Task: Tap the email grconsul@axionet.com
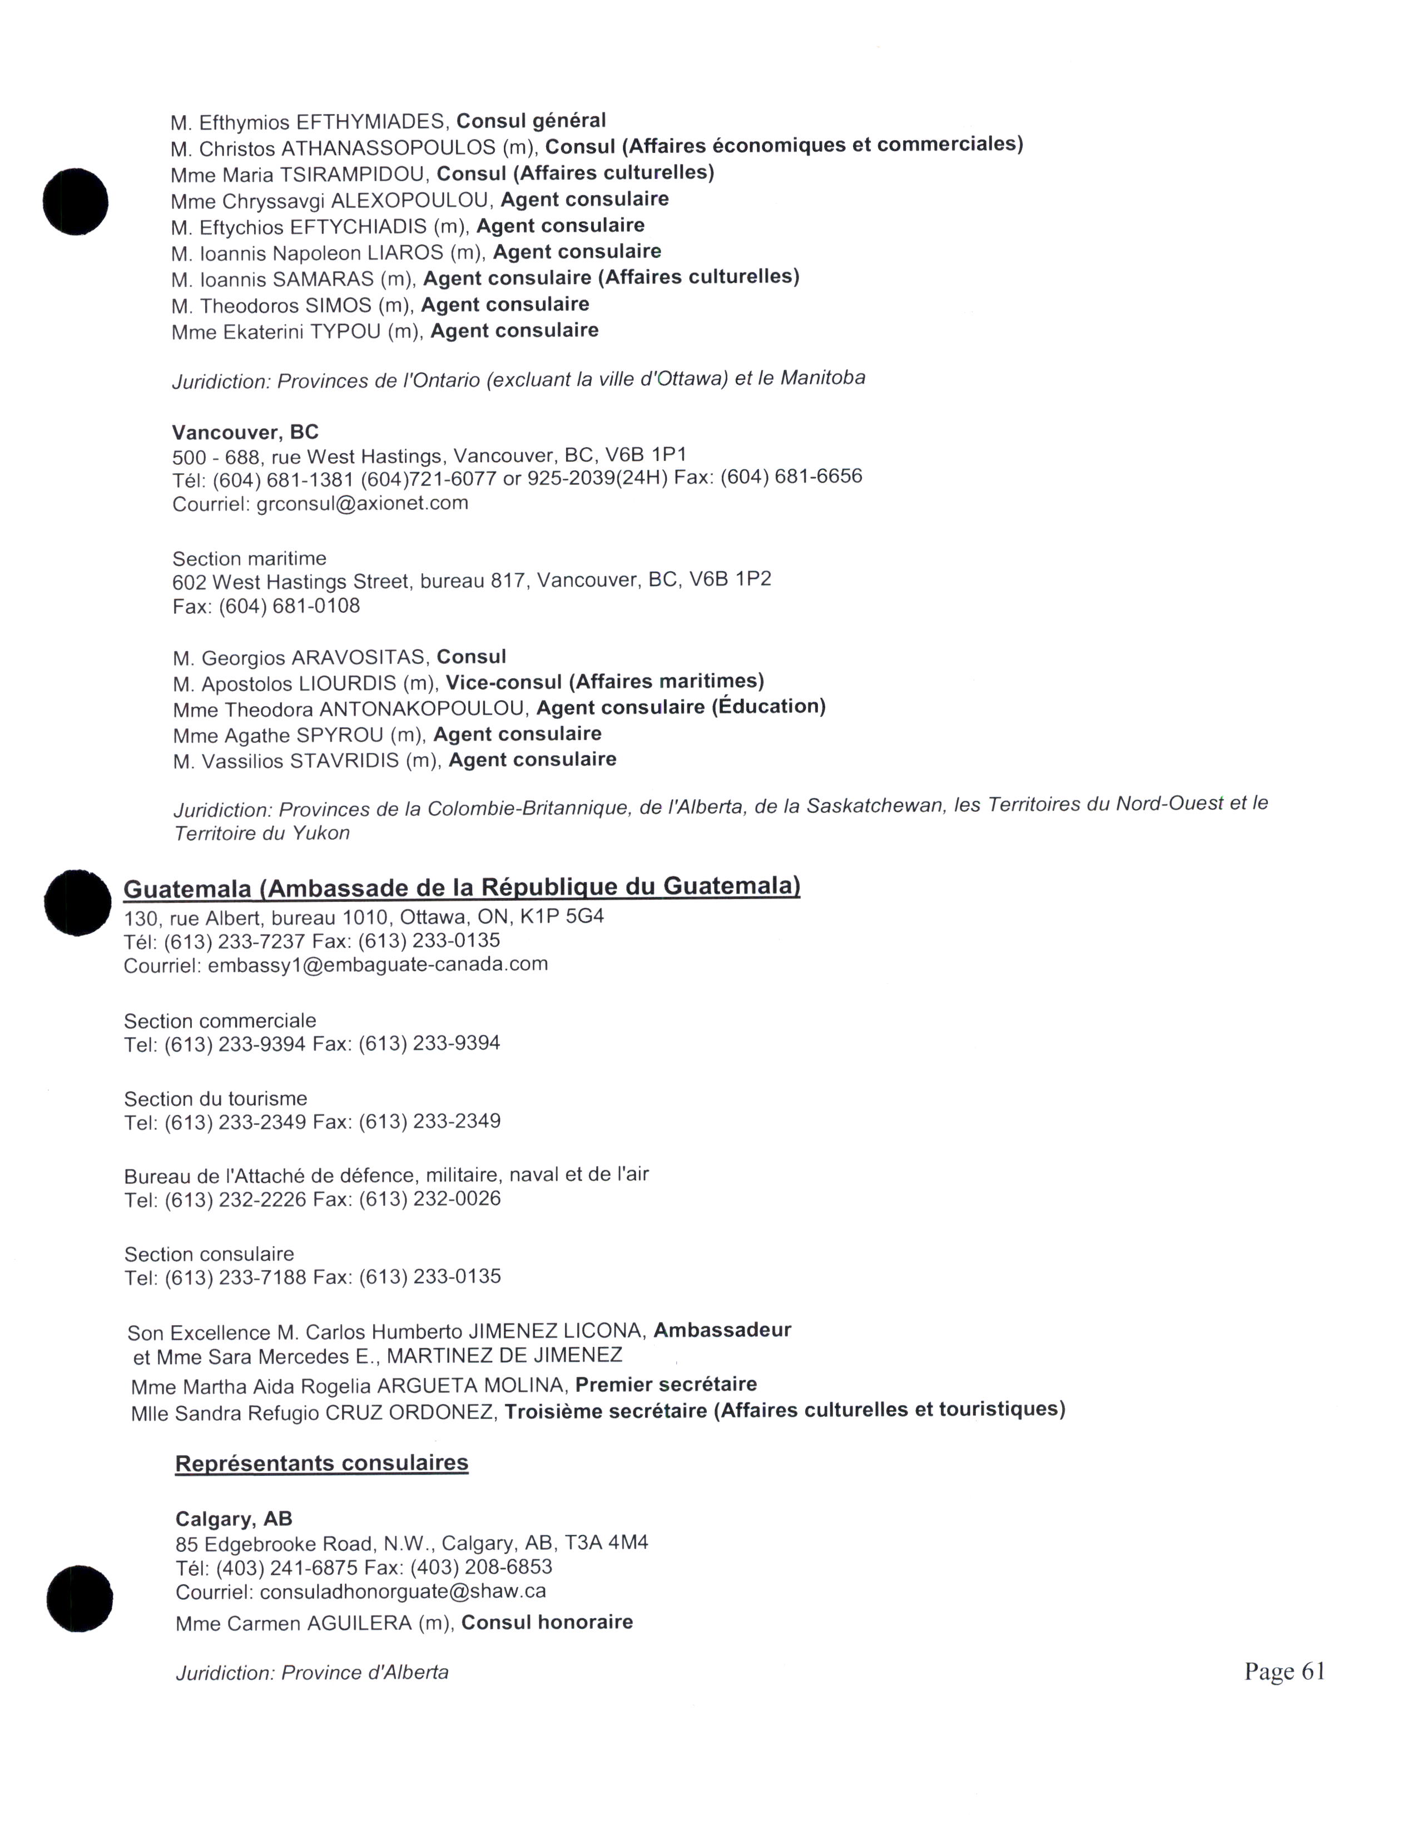pyautogui.click(x=362, y=503)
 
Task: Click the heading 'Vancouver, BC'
pyautogui.click(x=245, y=432)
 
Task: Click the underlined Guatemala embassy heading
pyautogui.click(x=461, y=887)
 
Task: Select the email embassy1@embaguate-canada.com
pyautogui.click(x=377, y=965)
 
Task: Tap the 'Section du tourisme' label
pyautogui.click(x=216, y=1098)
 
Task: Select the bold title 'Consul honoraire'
pyautogui.click(x=547, y=1621)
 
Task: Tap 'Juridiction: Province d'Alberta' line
pyautogui.click(x=311, y=1673)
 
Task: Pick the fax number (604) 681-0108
pyautogui.click(x=289, y=606)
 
